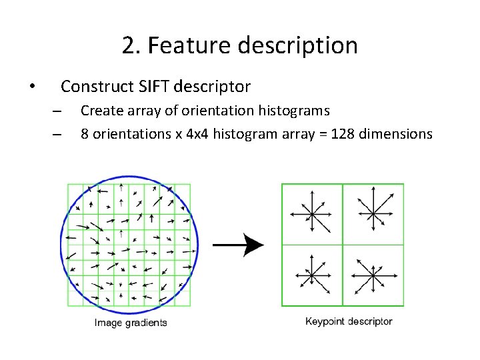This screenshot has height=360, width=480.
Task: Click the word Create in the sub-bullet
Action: tap(100, 110)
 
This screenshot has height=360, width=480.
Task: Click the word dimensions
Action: tap(395, 134)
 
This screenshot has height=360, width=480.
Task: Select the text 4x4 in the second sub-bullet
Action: tap(198, 134)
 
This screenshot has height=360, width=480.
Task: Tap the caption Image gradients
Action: tap(131, 323)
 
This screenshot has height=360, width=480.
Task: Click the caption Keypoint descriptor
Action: tap(349, 321)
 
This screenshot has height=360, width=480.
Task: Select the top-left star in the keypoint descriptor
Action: tap(312, 215)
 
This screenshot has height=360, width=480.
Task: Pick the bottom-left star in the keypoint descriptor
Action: tap(312, 275)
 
